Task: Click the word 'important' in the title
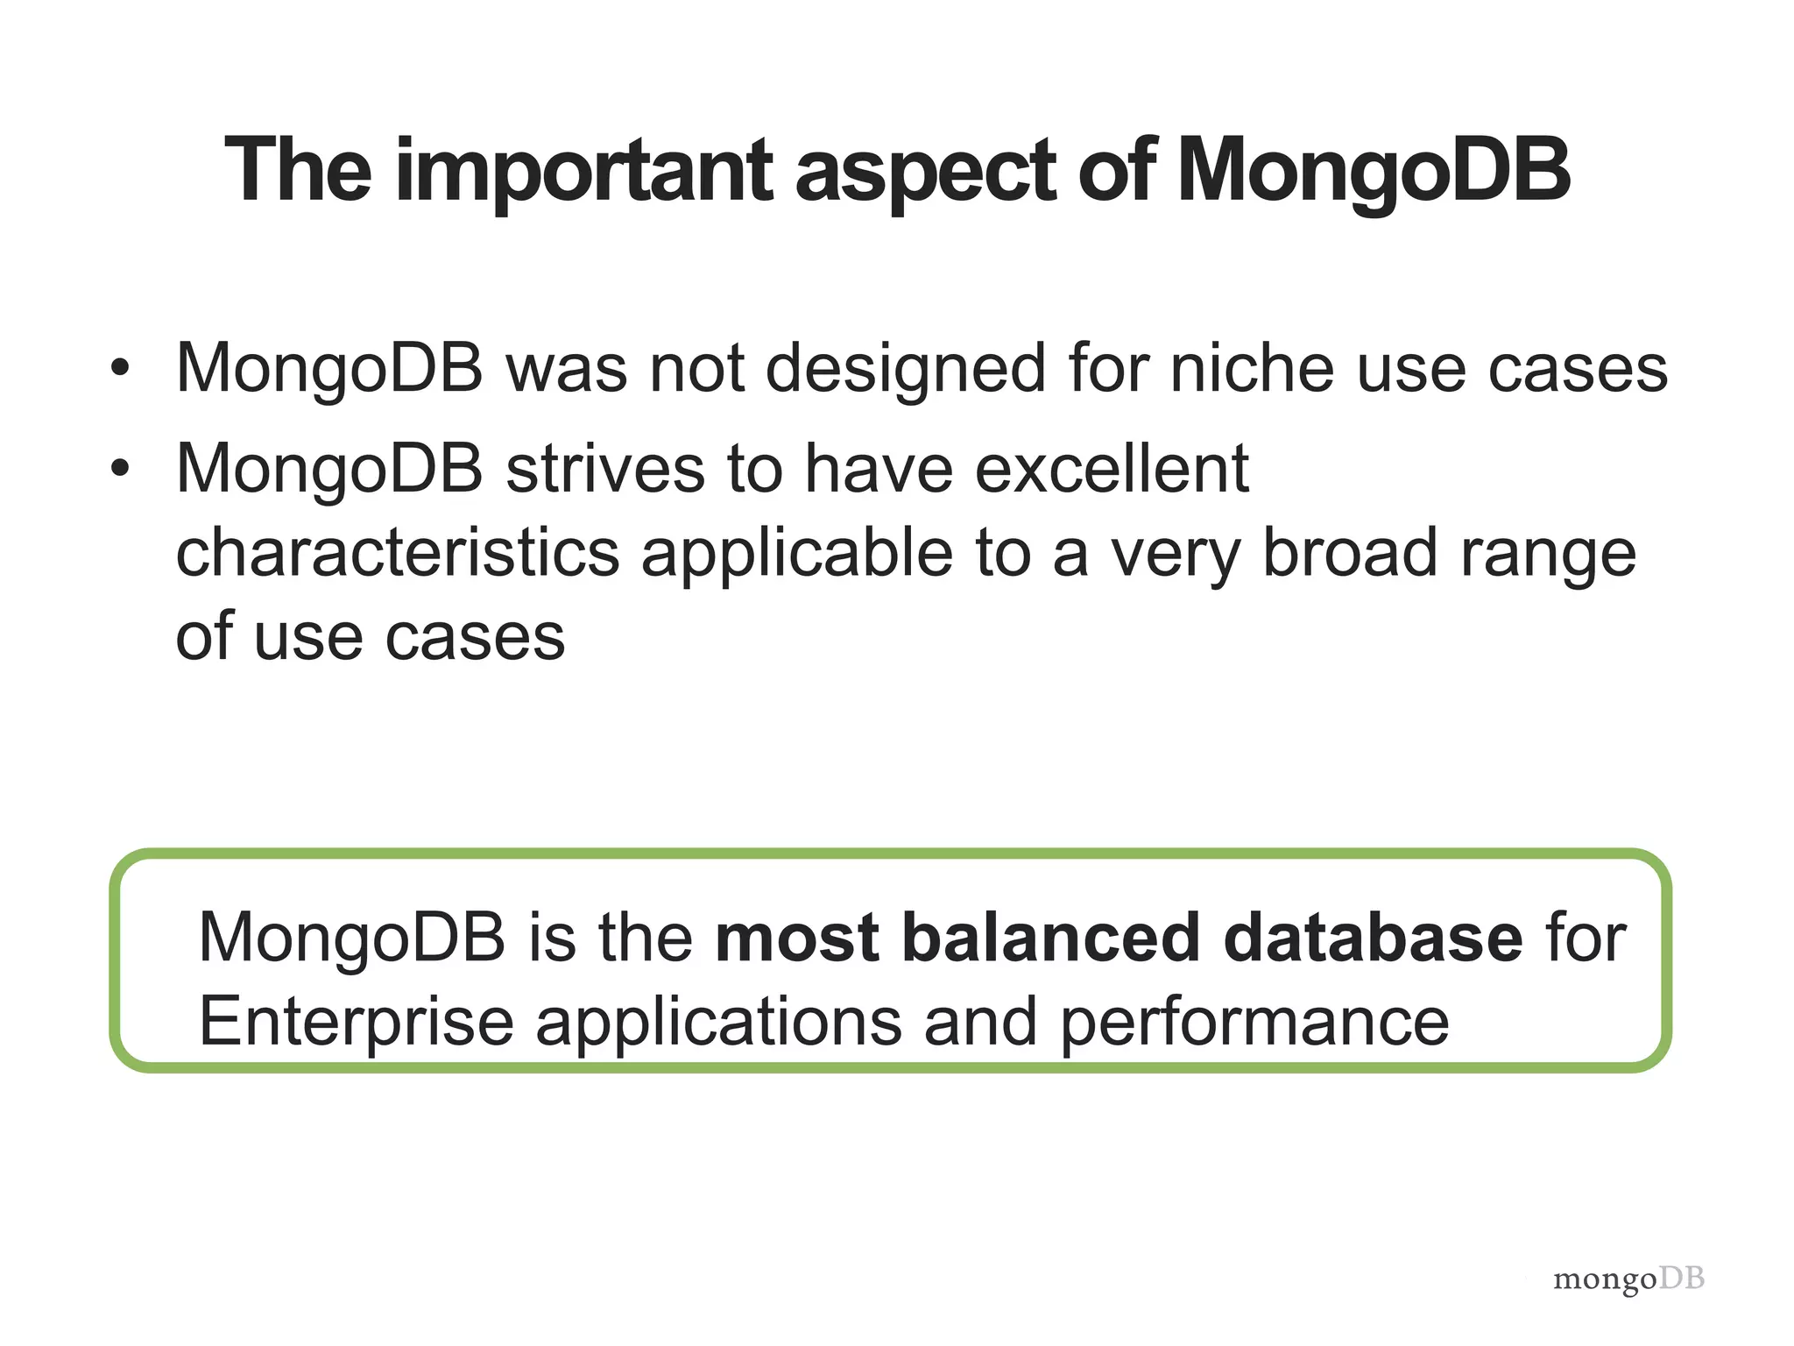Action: [583, 172]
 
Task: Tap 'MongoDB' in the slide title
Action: [1373, 172]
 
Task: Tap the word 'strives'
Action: [605, 469]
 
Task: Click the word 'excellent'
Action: [1111, 469]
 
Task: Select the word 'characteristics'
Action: [398, 553]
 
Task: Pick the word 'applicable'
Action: [797, 555]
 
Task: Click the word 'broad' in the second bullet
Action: [1349, 553]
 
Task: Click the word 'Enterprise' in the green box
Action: [356, 1023]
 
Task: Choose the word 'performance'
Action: [1254, 1023]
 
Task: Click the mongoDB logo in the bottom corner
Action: [1628, 1279]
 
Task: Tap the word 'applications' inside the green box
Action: [718, 1023]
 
